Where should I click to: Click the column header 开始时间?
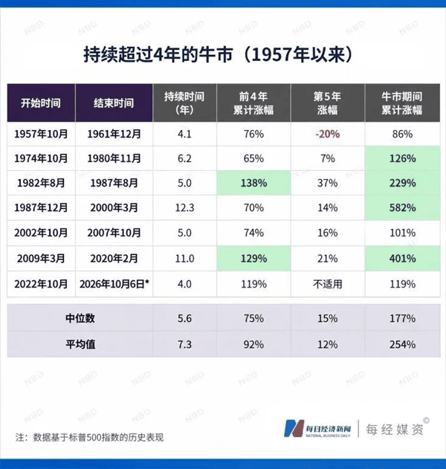(x=41, y=103)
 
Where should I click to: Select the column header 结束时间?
(x=114, y=103)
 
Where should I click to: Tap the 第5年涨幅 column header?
(x=328, y=103)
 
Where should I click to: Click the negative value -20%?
(x=328, y=134)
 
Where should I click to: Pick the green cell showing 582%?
(x=402, y=207)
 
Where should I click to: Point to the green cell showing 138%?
(x=253, y=183)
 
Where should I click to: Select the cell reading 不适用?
(x=328, y=284)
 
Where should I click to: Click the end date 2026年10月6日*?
(x=114, y=284)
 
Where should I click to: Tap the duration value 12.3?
(x=184, y=207)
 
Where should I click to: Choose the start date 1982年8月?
(x=41, y=183)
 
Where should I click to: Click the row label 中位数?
(x=80, y=318)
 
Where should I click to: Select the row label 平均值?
(x=80, y=344)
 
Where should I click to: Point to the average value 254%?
(x=402, y=345)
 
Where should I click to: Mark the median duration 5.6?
(x=184, y=318)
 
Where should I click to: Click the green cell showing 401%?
(x=402, y=259)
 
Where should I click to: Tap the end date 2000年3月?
(x=114, y=207)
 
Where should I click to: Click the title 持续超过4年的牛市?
(x=158, y=55)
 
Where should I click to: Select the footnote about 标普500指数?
(x=89, y=437)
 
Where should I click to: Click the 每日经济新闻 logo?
(x=317, y=429)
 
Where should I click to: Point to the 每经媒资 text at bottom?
(x=395, y=430)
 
